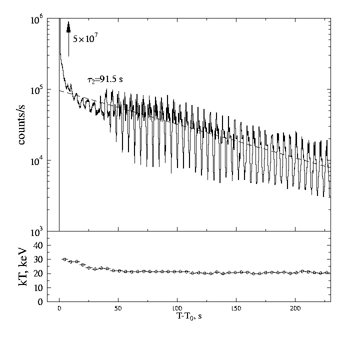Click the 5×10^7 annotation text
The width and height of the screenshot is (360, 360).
[84, 38]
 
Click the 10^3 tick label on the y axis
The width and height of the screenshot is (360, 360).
[37, 231]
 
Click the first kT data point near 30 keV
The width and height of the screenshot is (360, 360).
[64, 259]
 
